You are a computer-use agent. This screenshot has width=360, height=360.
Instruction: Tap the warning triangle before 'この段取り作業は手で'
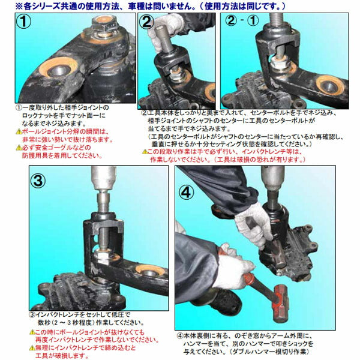(143, 152)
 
